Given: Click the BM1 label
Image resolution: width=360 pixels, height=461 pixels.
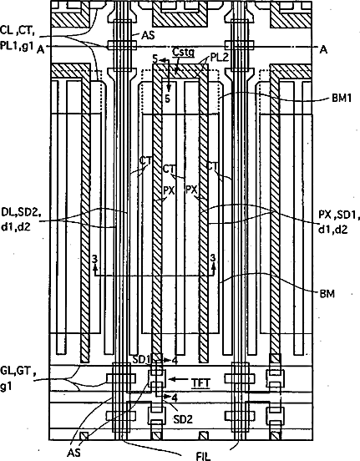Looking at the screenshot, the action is [342, 98].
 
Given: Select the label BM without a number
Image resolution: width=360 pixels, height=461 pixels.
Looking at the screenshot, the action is [327, 293].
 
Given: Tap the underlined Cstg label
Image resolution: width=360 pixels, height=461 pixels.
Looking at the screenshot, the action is [183, 53].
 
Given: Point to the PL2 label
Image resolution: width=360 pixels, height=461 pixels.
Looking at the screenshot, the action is [220, 57].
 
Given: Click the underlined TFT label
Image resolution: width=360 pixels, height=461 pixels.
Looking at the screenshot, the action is [201, 382].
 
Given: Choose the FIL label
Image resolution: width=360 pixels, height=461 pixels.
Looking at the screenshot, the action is [204, 456].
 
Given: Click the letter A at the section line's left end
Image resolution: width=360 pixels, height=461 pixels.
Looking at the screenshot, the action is [41, 50].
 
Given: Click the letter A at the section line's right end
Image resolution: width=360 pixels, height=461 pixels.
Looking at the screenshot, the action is [323, 50].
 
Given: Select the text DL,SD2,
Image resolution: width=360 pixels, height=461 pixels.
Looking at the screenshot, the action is [21, 212].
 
